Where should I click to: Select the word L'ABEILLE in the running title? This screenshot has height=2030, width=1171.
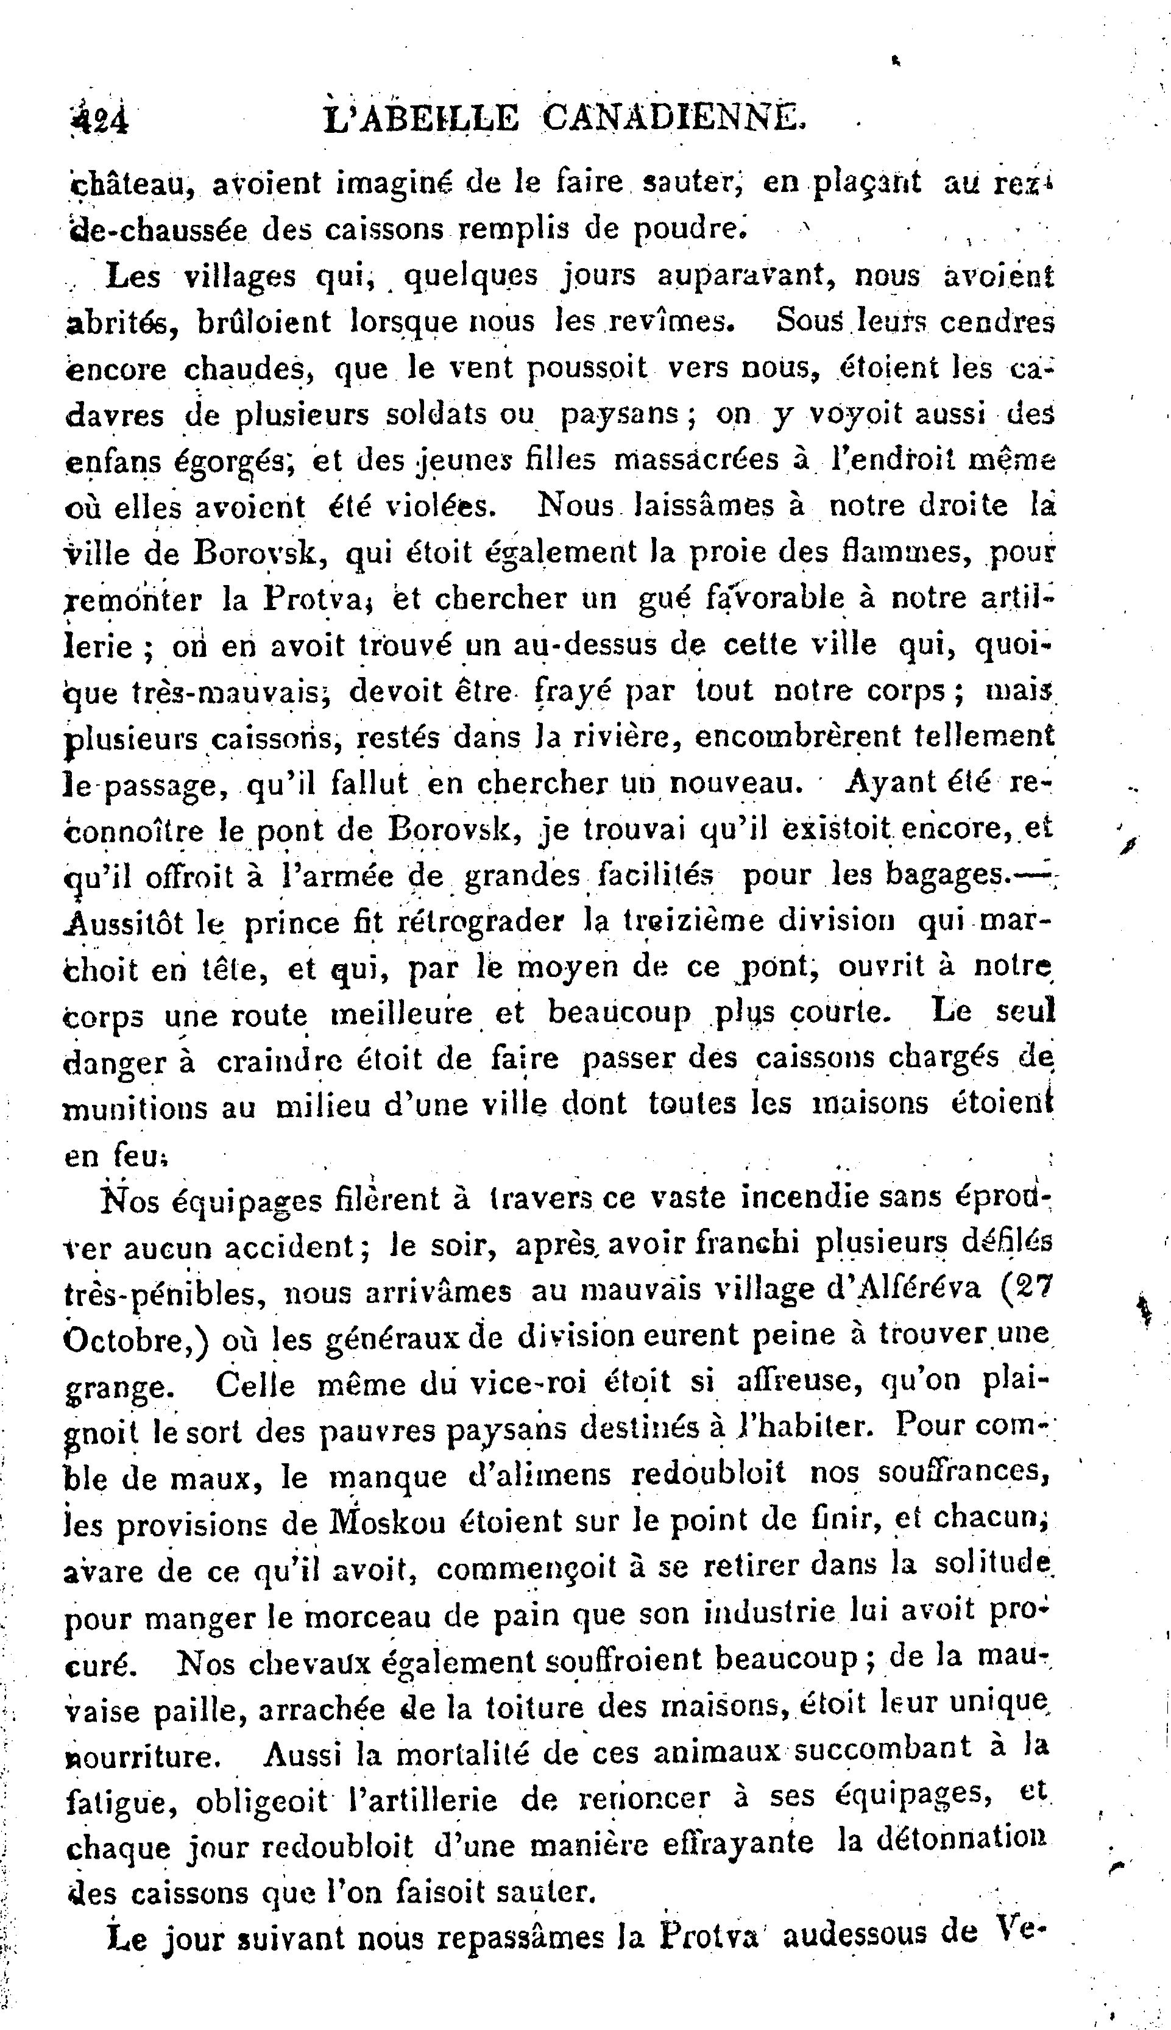(x=420, y=120)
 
